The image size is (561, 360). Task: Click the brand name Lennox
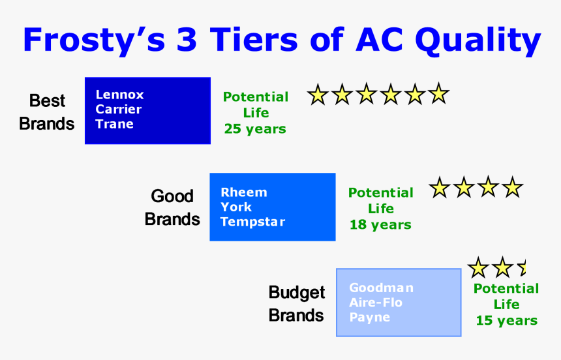119,95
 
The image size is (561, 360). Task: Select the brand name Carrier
118,109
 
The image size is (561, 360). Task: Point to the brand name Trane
114,124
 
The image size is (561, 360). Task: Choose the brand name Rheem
243,192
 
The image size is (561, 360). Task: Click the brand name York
236,207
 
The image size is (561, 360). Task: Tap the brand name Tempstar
252,222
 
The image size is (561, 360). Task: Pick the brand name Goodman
381,288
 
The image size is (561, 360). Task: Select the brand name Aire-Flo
376,303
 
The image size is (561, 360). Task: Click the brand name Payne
369,318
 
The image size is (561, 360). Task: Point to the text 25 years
255,128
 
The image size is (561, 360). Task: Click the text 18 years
380,224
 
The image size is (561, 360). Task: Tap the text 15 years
506,320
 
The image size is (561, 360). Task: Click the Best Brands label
47,112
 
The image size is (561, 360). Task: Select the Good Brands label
172,207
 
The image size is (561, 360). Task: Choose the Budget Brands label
296,304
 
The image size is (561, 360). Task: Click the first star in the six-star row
318,95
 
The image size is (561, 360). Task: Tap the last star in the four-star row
513,188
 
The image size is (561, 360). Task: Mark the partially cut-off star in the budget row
522,267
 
